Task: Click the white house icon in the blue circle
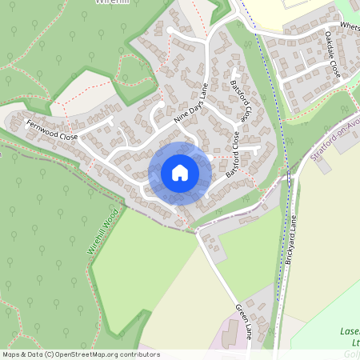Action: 180,172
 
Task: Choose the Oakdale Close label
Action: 333,54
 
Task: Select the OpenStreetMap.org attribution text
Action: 89,354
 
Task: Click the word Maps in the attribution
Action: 11,354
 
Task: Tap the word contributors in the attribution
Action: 137,354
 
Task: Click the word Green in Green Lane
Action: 241,311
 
